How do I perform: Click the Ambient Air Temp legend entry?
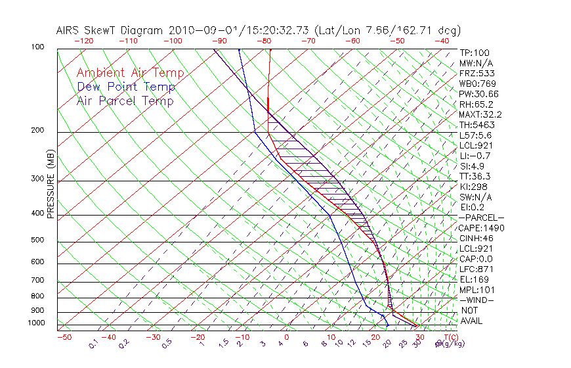click(130, 73)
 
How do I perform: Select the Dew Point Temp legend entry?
click(125, 87)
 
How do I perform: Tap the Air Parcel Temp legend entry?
click(125, 101)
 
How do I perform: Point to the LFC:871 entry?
click(477, 269)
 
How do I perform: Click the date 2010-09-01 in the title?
click(195, 30)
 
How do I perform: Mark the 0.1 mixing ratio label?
click(93, 343)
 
